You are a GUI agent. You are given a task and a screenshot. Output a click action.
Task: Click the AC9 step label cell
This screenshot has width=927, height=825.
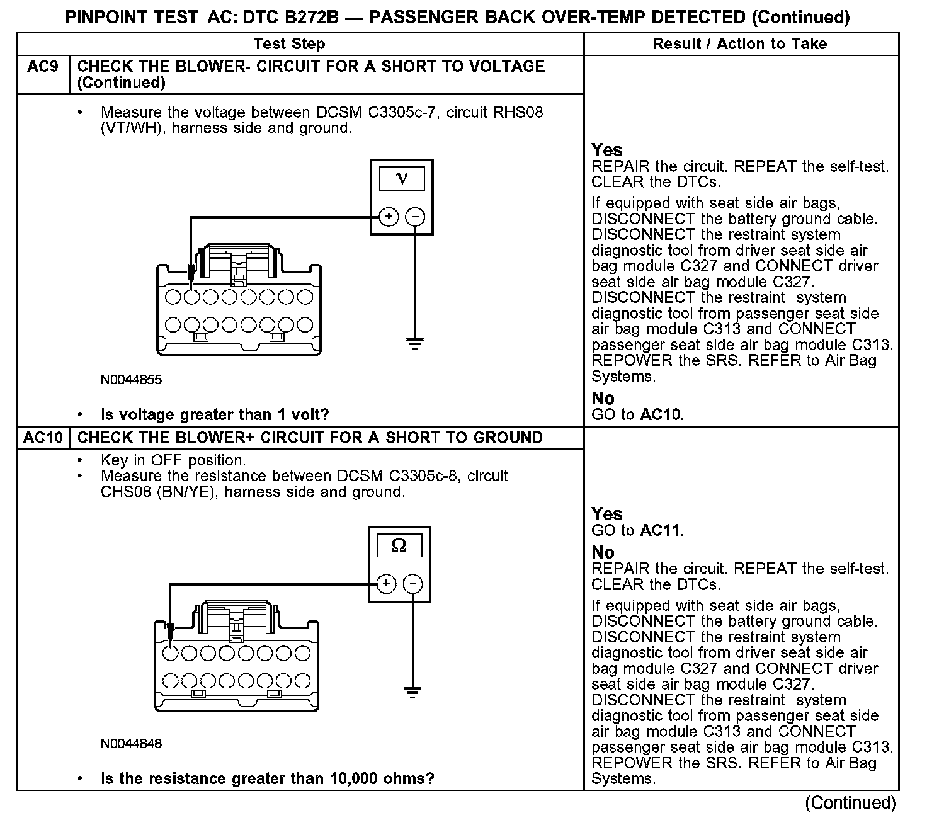[x=43, y=67]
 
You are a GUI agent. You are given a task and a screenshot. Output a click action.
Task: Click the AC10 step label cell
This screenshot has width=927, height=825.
[x=43, y=438]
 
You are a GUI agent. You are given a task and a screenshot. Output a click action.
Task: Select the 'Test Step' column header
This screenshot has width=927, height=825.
[x=289, y=44]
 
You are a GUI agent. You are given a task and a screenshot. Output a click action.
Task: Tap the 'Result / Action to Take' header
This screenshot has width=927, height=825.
[x=739, y=44]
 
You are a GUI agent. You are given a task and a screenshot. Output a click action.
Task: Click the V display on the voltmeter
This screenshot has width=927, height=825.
[x=402, y=179]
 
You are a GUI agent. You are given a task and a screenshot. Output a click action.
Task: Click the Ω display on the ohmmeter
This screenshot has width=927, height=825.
[x=399, y=545]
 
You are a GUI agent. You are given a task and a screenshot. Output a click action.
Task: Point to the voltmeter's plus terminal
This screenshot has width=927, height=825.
[x=389, y=217]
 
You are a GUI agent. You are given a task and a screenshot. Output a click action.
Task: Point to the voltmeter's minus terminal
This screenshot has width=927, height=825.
[x=415, y=217]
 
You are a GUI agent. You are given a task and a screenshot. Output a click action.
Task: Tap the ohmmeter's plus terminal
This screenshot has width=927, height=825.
[x=386, y=584]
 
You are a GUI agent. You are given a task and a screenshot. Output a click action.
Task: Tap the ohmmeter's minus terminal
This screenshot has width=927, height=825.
[x=412, y=584]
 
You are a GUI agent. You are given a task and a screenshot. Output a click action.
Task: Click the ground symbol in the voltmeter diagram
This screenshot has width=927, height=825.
[x=415, y=344]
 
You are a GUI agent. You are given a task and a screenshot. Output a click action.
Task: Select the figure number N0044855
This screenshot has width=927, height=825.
[x=131, y=380]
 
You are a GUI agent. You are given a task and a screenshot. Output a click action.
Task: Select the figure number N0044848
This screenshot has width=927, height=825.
[x=131, y=744]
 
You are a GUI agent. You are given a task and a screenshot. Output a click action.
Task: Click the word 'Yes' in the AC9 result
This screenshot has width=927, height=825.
[x=607, y=150]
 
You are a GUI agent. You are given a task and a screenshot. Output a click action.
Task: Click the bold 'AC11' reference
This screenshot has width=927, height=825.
[x=661, y=530]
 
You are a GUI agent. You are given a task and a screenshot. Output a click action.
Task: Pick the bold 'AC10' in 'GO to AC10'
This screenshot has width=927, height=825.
[x=661, y=414]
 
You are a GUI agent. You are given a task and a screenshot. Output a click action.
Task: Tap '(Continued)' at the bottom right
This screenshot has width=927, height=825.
[x=850, y=803]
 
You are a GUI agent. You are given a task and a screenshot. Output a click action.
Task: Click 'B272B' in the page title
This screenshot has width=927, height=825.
[x=311, y=18]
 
